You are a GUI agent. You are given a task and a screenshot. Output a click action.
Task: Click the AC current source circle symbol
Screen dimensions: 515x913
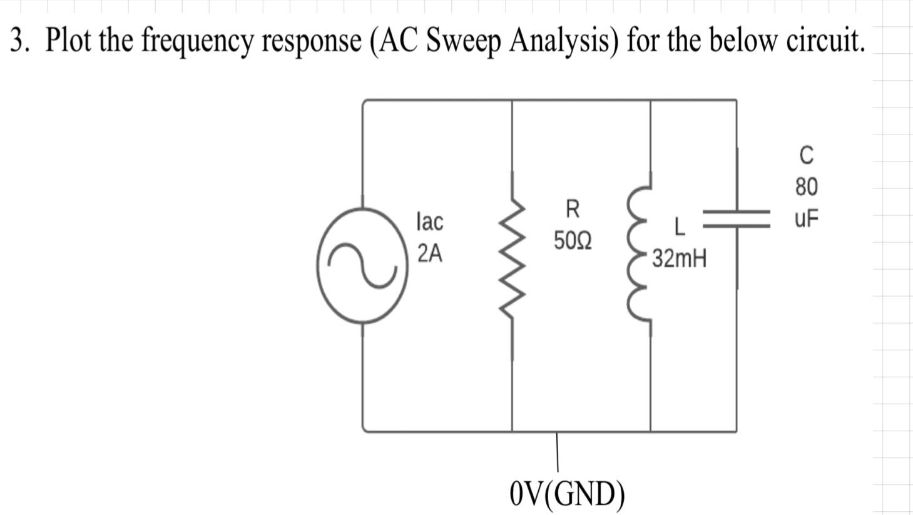pyautogui.click(x=362, y=266)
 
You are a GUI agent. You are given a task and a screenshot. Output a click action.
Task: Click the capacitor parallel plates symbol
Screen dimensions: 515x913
pyautogui.click(x=737, y=218)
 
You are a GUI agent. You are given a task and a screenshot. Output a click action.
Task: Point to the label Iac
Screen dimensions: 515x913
pyautogui.click(x=429, y=221)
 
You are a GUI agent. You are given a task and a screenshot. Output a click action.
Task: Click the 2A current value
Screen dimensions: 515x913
pyautogui.click(x=429, y=253)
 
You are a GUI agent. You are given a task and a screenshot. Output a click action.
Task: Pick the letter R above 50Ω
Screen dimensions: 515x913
pyautogui.click(x=572, y=208)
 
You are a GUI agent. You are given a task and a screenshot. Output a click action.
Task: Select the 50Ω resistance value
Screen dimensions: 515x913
pyautogui.click(x=572, y=240)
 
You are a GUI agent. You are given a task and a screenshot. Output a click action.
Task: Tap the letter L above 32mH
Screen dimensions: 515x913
pyautogui.click(x=680, y=227)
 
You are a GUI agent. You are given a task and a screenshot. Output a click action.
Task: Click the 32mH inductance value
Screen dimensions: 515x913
pyautogui.click(x=680, y=258)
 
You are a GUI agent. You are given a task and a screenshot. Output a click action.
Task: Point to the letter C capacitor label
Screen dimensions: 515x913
pyautogui.click(x=807, y=155)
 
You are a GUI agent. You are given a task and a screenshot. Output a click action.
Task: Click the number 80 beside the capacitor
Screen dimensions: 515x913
pyautogui.click(x=807, y=186)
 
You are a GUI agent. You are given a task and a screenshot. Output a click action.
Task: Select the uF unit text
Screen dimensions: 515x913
pyautogui.click(x=807, y=218)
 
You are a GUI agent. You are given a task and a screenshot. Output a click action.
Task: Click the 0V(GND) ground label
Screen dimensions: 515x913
pyautogui.click(x=567, y=494)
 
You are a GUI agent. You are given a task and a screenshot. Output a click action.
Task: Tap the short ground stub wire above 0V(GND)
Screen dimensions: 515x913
pyautogui.click(x=557, y=452)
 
